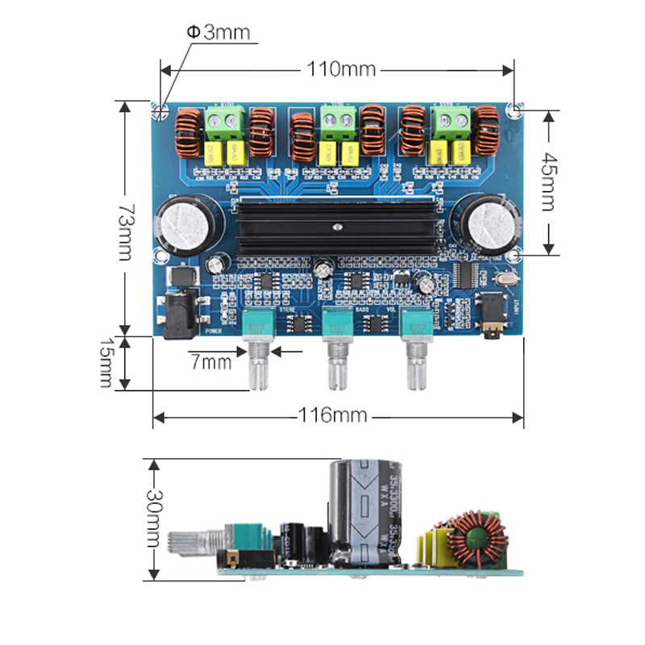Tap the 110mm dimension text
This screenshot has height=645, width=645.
coord(339,69)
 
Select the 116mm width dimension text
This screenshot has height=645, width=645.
coord(332,416)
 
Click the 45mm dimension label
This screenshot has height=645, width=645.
coord(548,181)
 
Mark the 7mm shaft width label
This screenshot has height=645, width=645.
coord(210,362)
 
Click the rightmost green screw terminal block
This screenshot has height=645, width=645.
coord(451,122)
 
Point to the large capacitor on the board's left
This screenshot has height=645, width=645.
coord(187,223)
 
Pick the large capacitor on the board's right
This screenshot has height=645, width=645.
coord(487,223)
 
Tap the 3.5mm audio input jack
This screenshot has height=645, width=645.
coord(496,315)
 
